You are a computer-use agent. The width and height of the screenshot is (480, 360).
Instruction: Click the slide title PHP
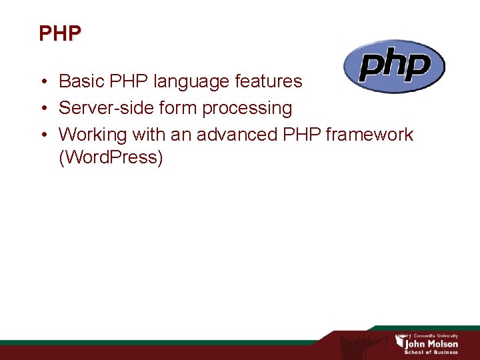click(x=60, y=33)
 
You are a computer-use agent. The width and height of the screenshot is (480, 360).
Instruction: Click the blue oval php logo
click(x=393, y=66)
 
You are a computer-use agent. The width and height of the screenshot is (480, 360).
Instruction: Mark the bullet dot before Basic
click(x=43, y=82)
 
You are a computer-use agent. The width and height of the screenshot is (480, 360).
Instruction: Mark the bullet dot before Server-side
click(x=43, y=109)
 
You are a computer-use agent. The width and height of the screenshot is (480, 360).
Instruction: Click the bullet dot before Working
click(x=43, y=135)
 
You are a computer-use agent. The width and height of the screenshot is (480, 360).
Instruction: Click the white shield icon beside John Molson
click(x=400, y=342)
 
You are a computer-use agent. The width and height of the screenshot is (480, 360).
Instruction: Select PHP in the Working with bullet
click(x=301, y=135)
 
